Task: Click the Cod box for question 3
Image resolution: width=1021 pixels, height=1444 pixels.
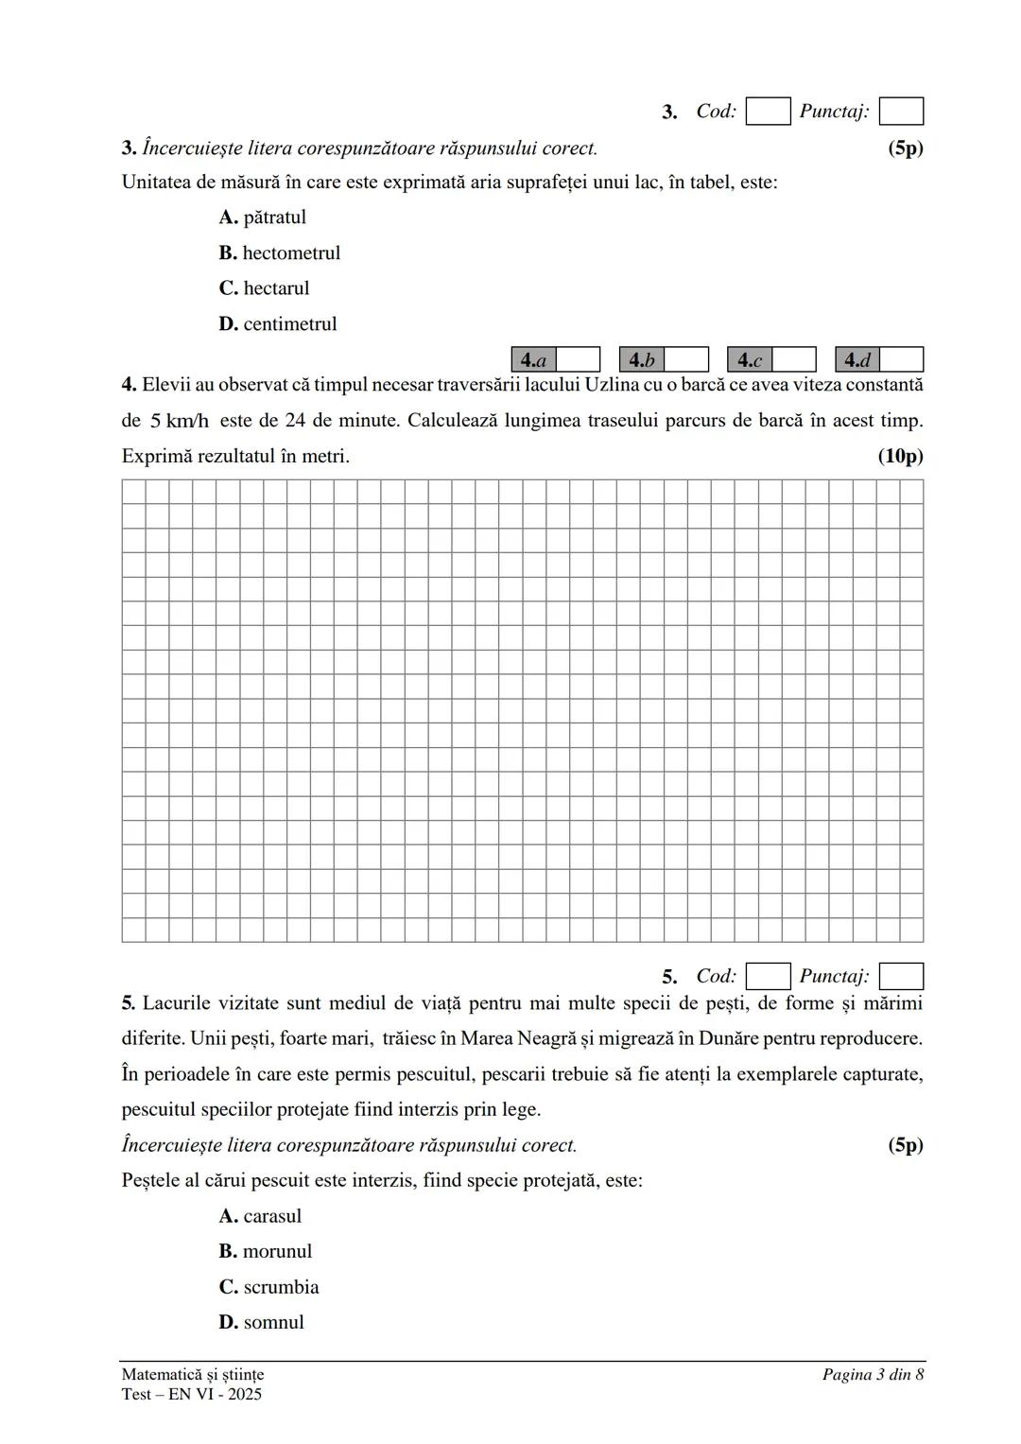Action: [x=768, y=112]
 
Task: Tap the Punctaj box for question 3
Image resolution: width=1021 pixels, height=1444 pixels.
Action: [x=901, y=112]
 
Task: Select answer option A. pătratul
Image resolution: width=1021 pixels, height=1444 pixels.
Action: [x=263, y=217]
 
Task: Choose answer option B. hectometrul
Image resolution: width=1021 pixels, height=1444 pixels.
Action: [x=280, y=253]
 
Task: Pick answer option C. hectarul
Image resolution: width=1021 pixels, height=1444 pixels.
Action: [x=265, y=288]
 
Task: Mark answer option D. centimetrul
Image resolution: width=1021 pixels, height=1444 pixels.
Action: [x=278, y=324]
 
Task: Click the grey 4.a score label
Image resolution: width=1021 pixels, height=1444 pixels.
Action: [x=534, y=360]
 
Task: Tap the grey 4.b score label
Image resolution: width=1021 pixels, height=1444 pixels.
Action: [x=642, y=360]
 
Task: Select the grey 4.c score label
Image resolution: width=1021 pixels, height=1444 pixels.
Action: [x=750, y=360]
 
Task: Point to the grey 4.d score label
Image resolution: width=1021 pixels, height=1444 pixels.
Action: [x=857, y=360]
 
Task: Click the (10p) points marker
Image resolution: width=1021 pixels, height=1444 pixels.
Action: [x=900, y=457]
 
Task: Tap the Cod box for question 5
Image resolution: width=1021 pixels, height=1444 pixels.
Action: [x=768, y=977]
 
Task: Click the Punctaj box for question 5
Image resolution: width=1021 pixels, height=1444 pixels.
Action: [x=901, y=977]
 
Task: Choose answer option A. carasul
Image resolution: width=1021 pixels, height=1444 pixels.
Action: [x=261, y=1216]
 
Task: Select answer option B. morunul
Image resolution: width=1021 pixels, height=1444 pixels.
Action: [x=266, y=1252]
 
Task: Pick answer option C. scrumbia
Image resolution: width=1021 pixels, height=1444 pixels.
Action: [x=269, y=1287]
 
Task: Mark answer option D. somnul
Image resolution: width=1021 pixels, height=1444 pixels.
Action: [x=262, y=1323]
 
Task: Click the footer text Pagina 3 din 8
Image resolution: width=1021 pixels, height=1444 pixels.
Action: [x=873, y=1375]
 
